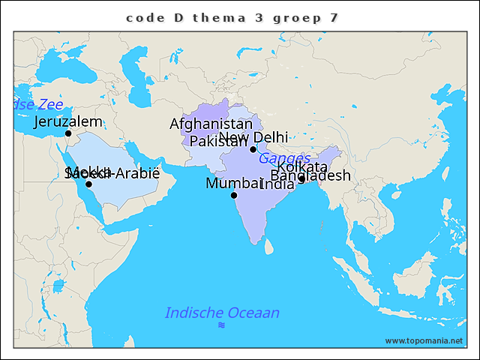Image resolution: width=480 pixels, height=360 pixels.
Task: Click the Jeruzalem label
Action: click(68, 121)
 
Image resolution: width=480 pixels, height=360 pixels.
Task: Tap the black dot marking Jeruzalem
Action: click(68, 133)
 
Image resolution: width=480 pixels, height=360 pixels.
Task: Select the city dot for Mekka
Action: click(88, 184)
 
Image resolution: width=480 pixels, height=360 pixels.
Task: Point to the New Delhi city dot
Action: click(253, 149)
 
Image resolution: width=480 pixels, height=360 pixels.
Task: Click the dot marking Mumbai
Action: click(234, 195)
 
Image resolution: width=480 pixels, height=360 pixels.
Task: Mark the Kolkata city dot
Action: click(301, 178)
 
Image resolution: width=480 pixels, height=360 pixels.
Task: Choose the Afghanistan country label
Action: click(211, 124)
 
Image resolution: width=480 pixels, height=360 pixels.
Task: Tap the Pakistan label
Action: click(217, 141)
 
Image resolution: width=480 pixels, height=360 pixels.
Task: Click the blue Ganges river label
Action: click(284, 158)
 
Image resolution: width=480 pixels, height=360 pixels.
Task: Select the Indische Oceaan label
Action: click(222, 313)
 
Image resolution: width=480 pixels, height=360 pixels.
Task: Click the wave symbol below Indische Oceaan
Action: click(221, 325)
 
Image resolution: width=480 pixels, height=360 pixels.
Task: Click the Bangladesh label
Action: click(310, 175)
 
